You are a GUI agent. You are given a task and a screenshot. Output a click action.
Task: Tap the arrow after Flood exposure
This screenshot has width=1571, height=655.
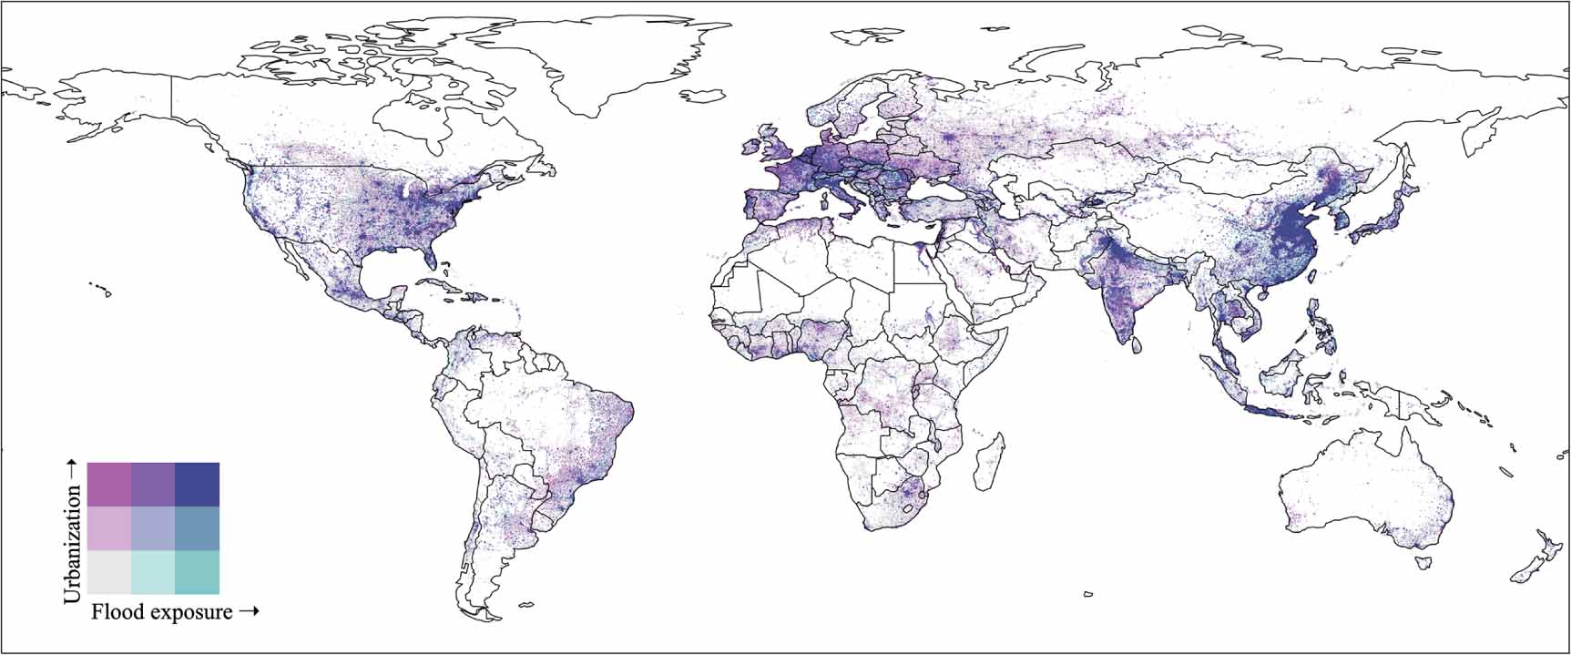[x=249, y=612]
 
